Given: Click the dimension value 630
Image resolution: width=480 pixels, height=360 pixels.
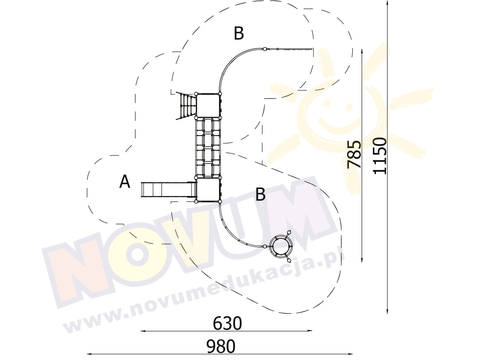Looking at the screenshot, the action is (x=227, y=323).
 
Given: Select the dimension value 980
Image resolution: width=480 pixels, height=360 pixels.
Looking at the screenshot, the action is (x=221, y=346).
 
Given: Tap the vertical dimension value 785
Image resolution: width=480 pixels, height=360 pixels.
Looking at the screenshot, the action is (x=354, y=154).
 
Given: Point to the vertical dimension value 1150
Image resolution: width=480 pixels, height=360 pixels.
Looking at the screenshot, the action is (x=380, y=156).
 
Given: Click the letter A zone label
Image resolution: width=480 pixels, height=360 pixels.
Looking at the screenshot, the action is (x=124, y=181).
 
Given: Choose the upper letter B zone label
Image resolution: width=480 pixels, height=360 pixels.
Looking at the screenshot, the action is (x=238, y=33).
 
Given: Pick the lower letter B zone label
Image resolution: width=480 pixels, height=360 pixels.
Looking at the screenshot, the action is (x=260, y=194).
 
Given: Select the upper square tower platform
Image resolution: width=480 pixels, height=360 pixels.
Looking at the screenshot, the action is (x=208, y=106).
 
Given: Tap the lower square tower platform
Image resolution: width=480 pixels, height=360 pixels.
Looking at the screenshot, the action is (x=208, y=190).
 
